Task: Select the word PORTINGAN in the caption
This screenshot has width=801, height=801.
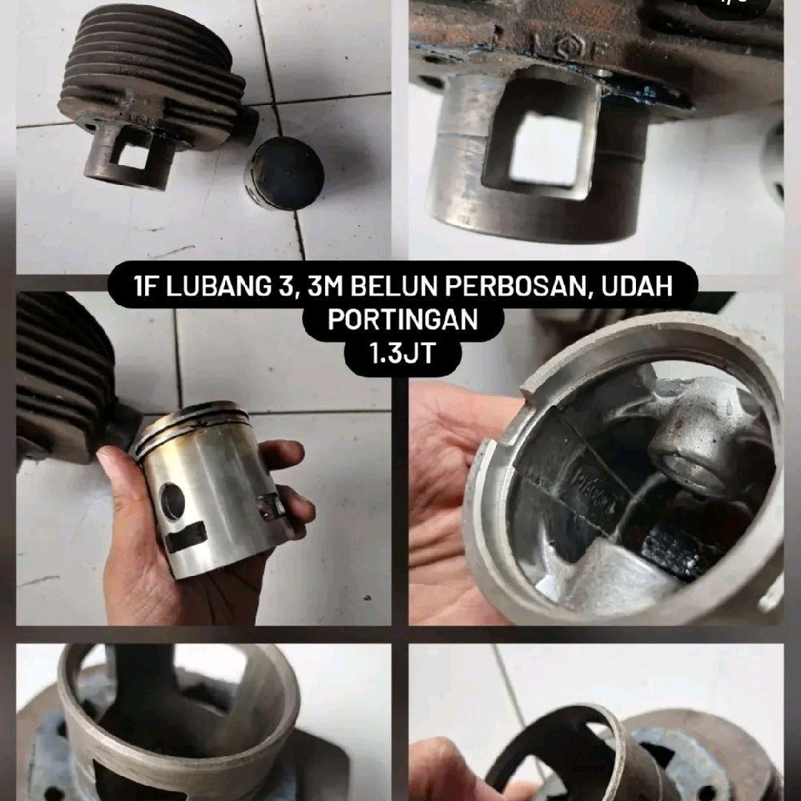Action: pos(402,320)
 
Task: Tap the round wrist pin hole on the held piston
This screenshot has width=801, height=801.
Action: pos(172,501)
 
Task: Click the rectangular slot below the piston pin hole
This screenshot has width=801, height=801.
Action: pos(186,537)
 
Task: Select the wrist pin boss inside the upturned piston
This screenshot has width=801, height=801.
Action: pos(681,445)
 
